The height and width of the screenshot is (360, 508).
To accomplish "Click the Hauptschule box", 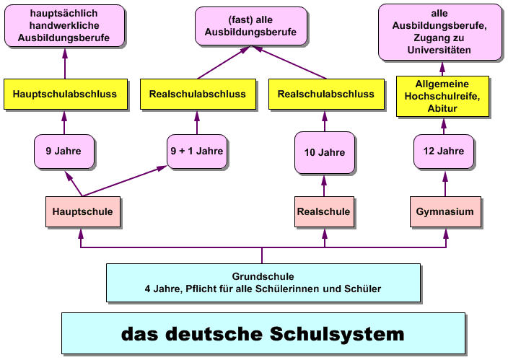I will point(82,212).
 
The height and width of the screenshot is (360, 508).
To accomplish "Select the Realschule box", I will point(324,212).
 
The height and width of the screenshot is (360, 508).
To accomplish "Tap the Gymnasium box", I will point(444,212).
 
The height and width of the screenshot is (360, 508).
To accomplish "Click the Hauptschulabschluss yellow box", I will point(65,94).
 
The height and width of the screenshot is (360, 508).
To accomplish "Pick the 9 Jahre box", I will point(65,152).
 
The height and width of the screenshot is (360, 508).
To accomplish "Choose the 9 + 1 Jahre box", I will point(196,152).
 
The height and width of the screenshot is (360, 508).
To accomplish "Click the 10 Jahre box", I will point(324,152).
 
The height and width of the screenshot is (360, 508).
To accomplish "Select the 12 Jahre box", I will point(444,152).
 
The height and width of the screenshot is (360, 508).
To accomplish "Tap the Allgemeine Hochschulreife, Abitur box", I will point(443,96).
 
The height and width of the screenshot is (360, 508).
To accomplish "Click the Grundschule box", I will point(263,283).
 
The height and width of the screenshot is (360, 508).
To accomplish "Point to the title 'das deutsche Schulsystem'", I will point(263,334).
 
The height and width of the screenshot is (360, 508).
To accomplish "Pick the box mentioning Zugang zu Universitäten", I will point(439,32).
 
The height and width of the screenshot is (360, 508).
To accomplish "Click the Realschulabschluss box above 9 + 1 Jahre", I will point(197,94).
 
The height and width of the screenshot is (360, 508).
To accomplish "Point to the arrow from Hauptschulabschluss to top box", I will point(65,63).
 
